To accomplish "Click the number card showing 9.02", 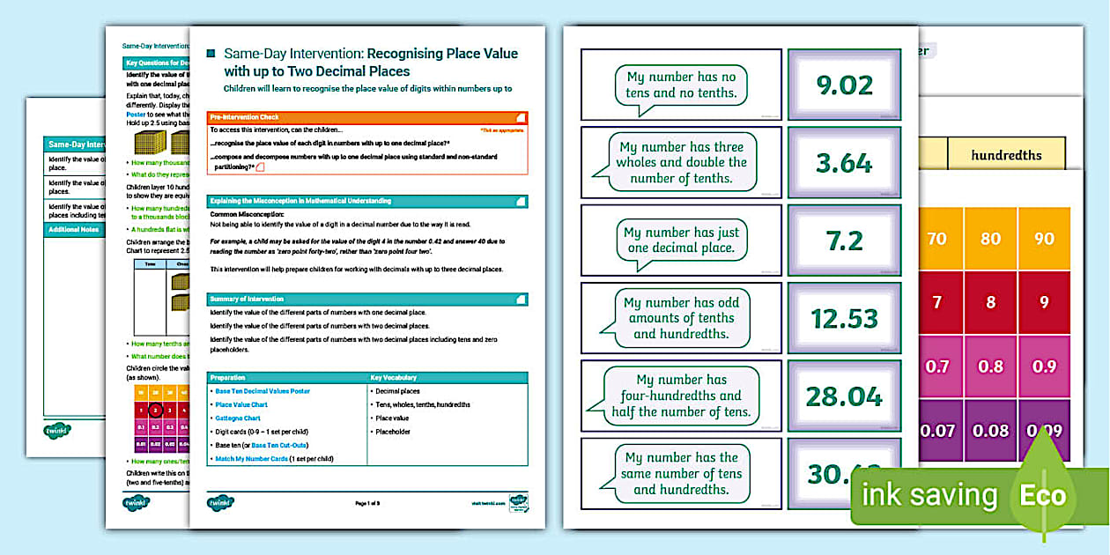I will [x=844, y=85].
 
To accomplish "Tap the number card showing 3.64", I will [x=844, y=163].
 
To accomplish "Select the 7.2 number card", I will [x=844, y=240].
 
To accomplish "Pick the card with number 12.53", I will [x=844, y=318].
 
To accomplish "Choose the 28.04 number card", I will [x=844, y=396].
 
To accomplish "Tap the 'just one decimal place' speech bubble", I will [x=681, y=240].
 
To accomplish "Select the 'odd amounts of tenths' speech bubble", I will [x=681, y=318].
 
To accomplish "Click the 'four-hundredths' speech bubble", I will [x=681, y=396].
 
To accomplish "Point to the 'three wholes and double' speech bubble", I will [x=681, y=163].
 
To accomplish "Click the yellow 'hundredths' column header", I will [x=1006, y=155].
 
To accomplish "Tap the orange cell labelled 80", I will [x=991, y=239].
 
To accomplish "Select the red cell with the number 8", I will [x=991, y=302].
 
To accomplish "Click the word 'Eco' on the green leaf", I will [x=1043, y=495].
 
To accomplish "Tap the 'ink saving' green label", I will [x=929, y=495].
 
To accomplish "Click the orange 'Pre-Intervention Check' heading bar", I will [x=367, y=116].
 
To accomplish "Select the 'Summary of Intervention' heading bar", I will [x=367, y=300].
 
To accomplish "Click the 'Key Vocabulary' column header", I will [x=448, y=377].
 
